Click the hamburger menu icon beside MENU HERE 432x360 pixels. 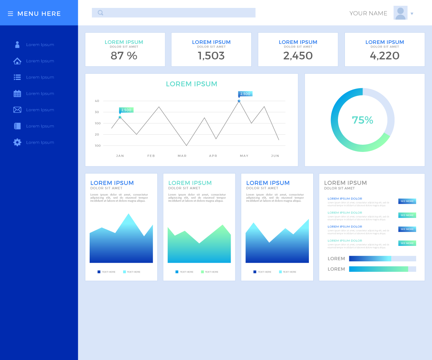tap(10, 14)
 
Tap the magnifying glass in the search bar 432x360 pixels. tap(100, 13)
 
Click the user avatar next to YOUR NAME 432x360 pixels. tap(400, 13)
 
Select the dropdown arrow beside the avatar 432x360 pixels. tap(412, 14)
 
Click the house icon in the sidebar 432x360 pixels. tap(17, 61)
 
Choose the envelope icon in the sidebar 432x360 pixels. tap(17, 110)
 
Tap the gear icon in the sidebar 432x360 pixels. tap(17, 142)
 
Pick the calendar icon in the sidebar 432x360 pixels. tap(17, 94)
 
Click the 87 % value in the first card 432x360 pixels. tap(124, 56)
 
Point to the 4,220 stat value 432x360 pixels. tap(384, 56)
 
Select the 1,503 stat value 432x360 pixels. tap(211, 56)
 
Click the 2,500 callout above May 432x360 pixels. tap(245, 94)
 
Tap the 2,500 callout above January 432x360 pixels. tap(126, 110)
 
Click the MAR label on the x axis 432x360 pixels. tap(182, 156)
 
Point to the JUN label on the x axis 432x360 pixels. tap(275, 156)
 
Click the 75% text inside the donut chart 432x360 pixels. tap(363, 120)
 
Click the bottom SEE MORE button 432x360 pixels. tap(407, 243)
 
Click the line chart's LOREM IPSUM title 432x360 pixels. tap(192, 84)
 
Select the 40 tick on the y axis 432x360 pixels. tap(97, 101)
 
